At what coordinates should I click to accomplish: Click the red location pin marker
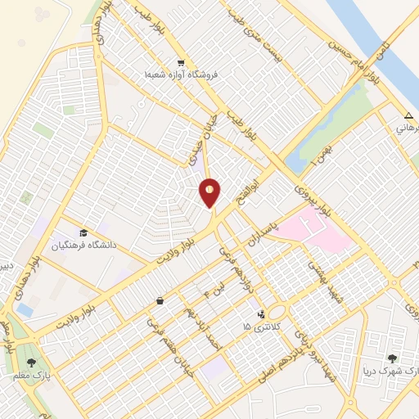pyautogui.click(x=210, y=193)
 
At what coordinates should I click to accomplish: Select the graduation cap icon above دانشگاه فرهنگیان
pyautogui.click(x=83, y=232)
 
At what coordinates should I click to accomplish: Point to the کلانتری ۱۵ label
pyautogui.click(x=261, y=327)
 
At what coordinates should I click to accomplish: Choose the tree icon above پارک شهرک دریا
pyautogui.click(x=394, y=358)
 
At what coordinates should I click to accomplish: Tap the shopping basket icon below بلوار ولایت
pyautogui.click(x=159, y=301)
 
